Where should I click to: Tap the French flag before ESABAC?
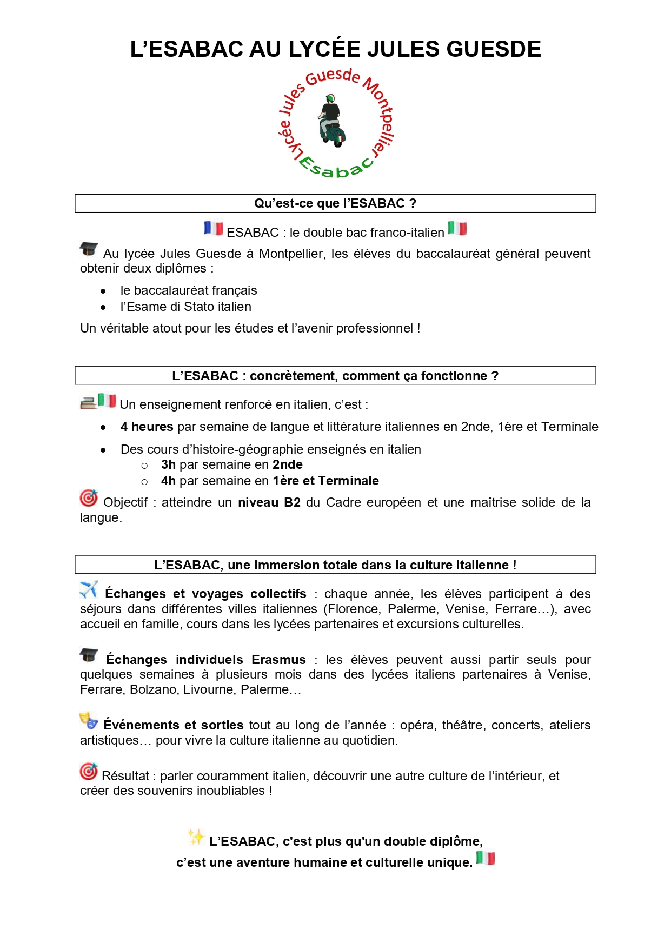(214, 229)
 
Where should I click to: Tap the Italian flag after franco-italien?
(457, 229)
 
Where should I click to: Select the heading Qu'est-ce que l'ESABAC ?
(335, 203)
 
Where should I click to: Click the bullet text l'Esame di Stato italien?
(185, 307)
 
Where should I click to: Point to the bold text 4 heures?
(147, 427)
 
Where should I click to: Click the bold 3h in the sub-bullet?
(168, 464)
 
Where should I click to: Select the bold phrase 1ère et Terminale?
(325, 481)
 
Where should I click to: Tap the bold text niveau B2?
(269, 502)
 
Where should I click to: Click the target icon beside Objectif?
(89, 498)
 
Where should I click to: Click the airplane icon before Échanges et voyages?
(89, 589)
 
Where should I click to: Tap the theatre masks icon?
(89, 721)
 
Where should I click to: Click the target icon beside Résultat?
(89, 771)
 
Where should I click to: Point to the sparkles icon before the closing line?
(196, 837)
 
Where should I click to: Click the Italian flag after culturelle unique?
(486, 858)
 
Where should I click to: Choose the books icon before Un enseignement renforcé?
(88, 403)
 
